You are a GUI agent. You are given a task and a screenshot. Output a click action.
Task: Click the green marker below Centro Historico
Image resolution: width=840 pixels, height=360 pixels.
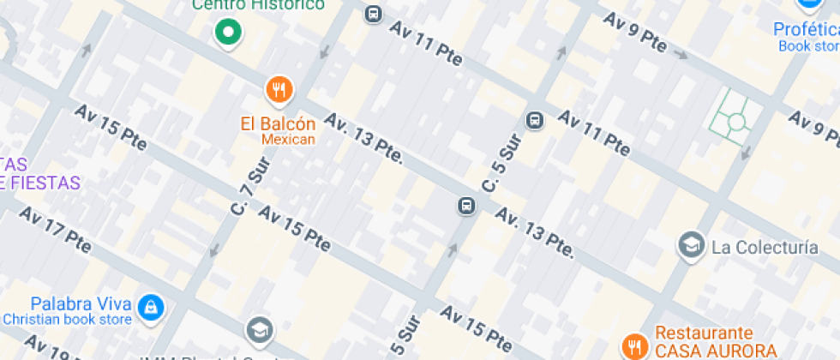[x=228, y=33]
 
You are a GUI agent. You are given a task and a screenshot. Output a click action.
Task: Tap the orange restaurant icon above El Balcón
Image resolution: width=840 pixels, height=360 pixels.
[x=279, y=88]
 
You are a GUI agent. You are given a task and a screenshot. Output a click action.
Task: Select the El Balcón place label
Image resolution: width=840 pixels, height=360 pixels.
[x=278, y=123]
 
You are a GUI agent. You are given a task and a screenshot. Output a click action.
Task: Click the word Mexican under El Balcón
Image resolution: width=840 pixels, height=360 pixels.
[x=288, y=139]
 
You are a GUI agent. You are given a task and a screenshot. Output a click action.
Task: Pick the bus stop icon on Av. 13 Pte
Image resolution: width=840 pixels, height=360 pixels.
[x=466, y=206]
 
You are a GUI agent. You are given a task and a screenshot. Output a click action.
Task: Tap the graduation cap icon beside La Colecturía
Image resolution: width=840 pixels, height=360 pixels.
[x=690, y=247]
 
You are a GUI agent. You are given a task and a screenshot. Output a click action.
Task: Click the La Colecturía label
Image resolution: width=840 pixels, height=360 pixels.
[x=765, y=248]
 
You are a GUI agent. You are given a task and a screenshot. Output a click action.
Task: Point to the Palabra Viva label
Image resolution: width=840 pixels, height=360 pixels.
[x=81, y=304]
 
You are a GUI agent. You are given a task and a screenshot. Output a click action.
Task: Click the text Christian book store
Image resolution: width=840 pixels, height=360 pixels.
[x=67, y=320]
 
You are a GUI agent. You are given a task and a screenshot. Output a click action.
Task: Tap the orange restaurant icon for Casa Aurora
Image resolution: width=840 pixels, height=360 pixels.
[x=634, y=345]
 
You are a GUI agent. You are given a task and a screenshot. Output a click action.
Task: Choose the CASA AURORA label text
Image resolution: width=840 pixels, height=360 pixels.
[x=716, y=350]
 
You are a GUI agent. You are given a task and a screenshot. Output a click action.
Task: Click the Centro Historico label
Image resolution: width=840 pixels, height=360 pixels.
[x=258, y=5]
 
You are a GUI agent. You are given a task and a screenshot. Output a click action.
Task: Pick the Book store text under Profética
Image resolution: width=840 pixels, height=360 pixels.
[x=808, y=45]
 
